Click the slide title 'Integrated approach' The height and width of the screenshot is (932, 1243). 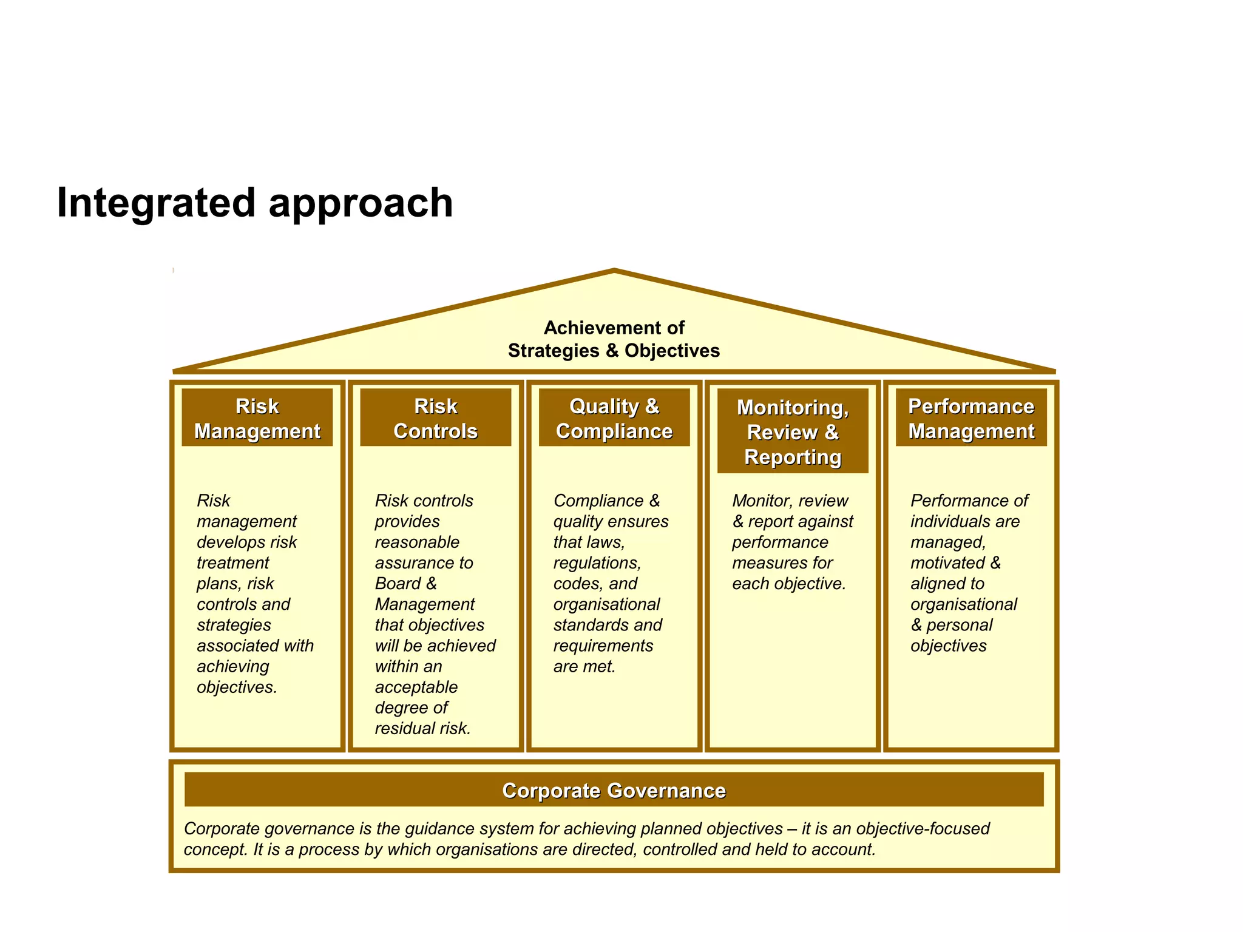tap(255, 203)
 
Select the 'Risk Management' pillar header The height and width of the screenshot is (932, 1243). tap(257, 418)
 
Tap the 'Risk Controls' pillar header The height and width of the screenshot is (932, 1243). tap(435, 418)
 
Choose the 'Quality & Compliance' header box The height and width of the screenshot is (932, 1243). tap(614, 418)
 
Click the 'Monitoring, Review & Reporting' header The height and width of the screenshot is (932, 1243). tap(792, 431)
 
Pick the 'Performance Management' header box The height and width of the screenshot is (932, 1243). tap(970, 418)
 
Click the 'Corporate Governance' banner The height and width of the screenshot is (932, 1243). tap(614, 790)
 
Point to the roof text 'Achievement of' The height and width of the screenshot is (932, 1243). tap(614, 328)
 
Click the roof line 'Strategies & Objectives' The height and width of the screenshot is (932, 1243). tap(614, 351)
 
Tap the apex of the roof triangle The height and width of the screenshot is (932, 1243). tap(614, 271)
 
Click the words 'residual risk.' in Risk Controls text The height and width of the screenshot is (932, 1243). tap(422, 728)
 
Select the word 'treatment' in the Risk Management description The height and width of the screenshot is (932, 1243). tap(232, 563)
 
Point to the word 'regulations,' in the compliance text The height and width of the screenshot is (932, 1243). tap(597, 563)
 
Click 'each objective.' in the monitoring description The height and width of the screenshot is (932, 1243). tap(788, 584)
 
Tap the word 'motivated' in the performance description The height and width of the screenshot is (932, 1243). tap(947, 563)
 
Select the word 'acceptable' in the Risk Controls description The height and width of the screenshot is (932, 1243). tap(416, 687)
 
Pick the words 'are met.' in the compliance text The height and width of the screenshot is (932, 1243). tap(584, 666)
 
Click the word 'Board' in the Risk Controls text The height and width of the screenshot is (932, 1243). tap(398, 584)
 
